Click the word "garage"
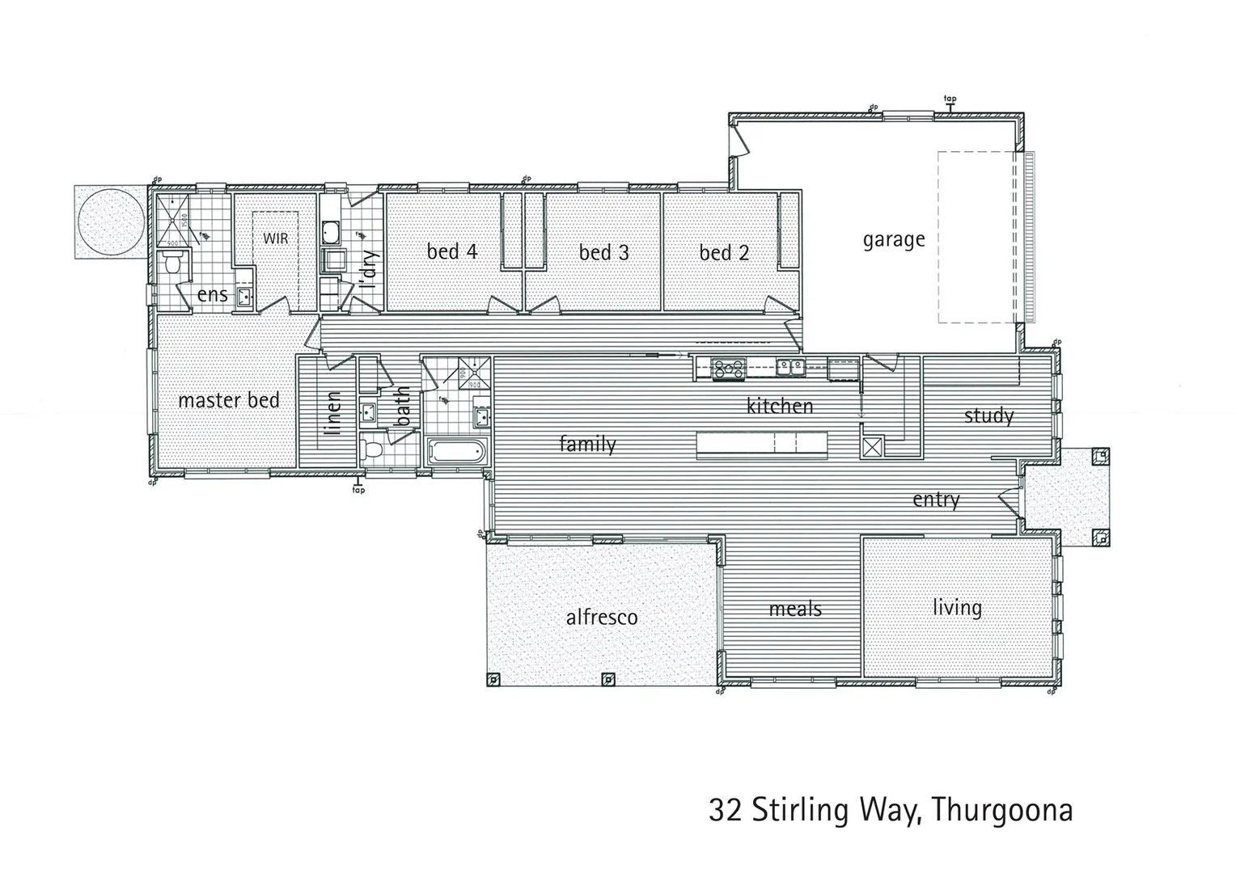pyautogui.click(x=893, y=239)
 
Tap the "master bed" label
pyautogui.click(x=228, y=400)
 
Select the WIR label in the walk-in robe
pyautogui.click(x=276, y=238)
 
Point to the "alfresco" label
pyautogui.click(x=601, y=618)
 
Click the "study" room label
pyautogui.click(x=988, y=415)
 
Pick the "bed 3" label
pyautogui.click(x=603, y=252)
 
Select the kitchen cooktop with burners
pyautogui.click(x=728, y=368)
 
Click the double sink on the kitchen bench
pyautogui.click(x=790, y=368)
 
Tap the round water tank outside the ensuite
pyautogui.click(x=110, y=222)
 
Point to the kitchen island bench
pyautogui.click(x=761, y=443)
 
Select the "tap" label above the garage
pyautogui.click(x=950, y=99)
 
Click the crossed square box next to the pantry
pyautogui.click(x=872, y=448)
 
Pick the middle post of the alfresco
pyautogui.click(x=607, y=679)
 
